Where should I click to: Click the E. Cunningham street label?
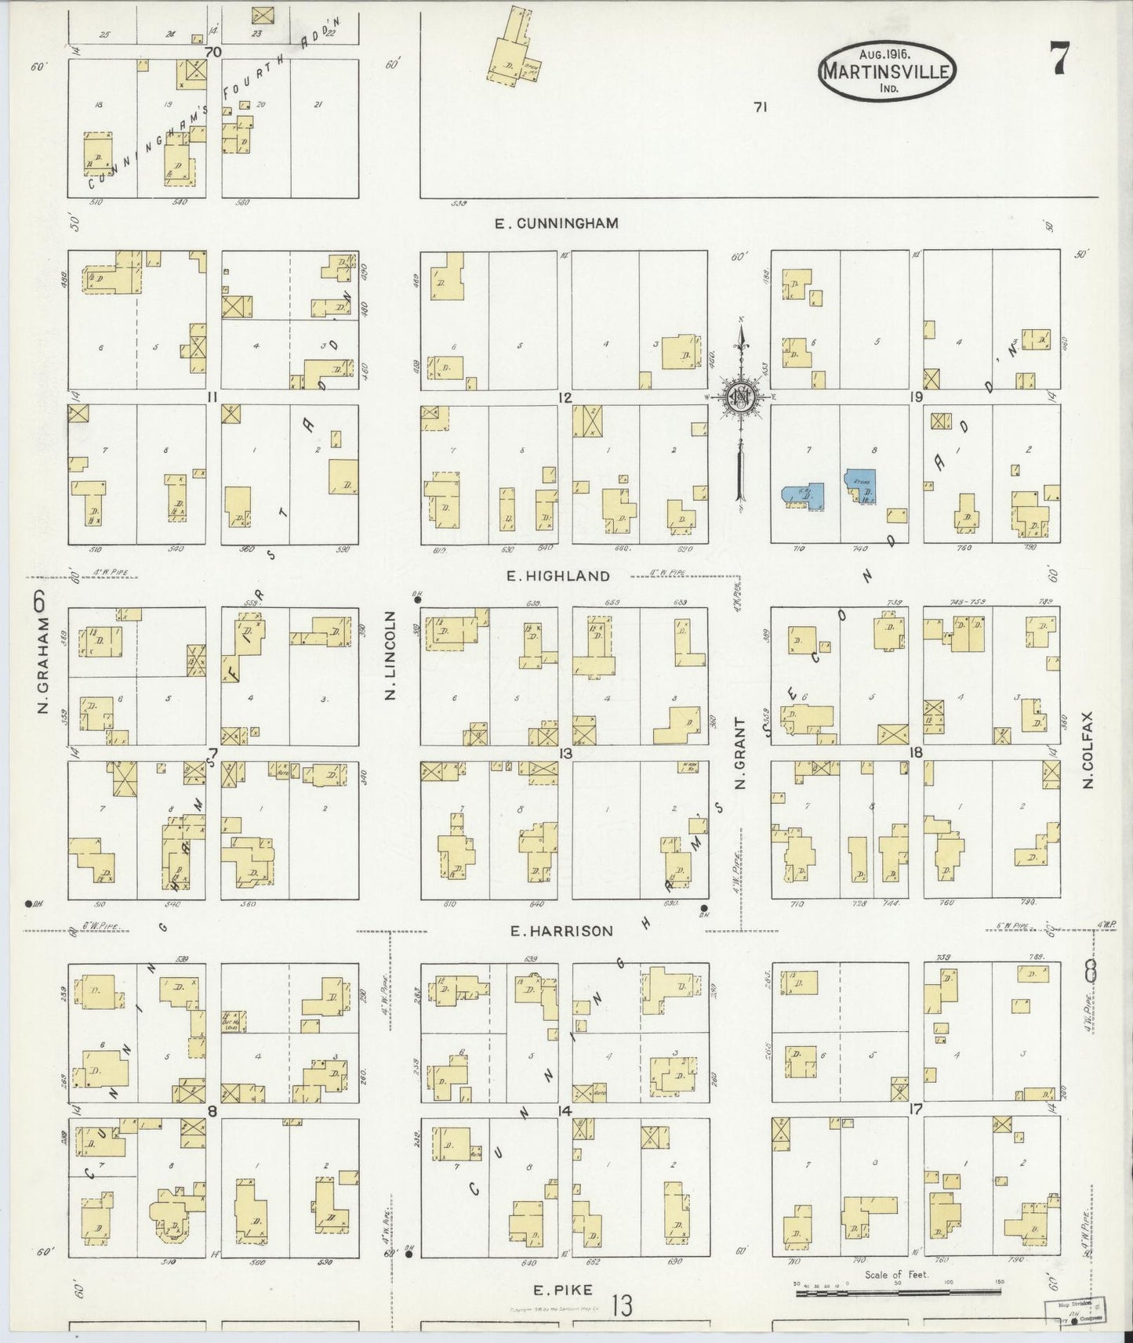(557, 223)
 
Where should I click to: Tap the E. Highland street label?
(557, 576)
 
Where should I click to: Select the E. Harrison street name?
(561, 931)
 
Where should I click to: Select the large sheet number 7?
(1058, 60)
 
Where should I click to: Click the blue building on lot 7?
(804, 497)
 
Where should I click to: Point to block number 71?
(759, 108)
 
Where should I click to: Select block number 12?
(565, 397)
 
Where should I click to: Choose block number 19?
(915, 397)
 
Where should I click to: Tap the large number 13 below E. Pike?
(623, 1306)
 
